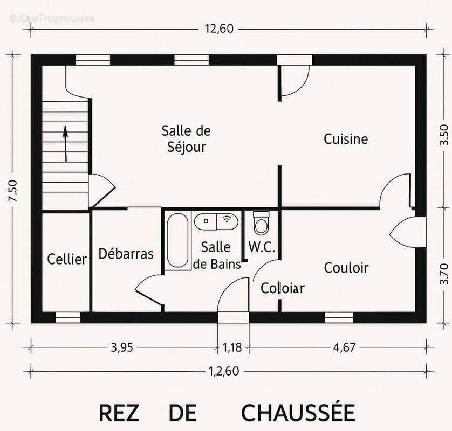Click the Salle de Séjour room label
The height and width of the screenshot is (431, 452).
click(x=186, y=138)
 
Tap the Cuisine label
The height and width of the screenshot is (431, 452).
click(x=346, y=139)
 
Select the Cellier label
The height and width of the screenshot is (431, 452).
click(x=67, y=259)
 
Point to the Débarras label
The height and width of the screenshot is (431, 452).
click(x=126, y=254)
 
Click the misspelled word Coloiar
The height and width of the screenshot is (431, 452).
click(x=283, y=288)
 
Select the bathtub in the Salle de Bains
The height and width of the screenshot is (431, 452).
click(x=178, y=240)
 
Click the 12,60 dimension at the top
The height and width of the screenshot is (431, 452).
click(x=219, y=29)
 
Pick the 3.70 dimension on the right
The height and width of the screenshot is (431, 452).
click(x=444, y=273)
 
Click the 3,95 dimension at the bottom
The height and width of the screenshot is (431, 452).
click(x=122, y=347)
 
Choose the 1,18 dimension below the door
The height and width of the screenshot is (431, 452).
click(x=232, y=347)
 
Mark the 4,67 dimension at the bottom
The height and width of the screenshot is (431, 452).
click(x=344, y=347)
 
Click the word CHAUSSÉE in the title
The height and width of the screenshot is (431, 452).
click(x=298, y=413)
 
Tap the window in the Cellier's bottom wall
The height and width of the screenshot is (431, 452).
click(x=69, y=317)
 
